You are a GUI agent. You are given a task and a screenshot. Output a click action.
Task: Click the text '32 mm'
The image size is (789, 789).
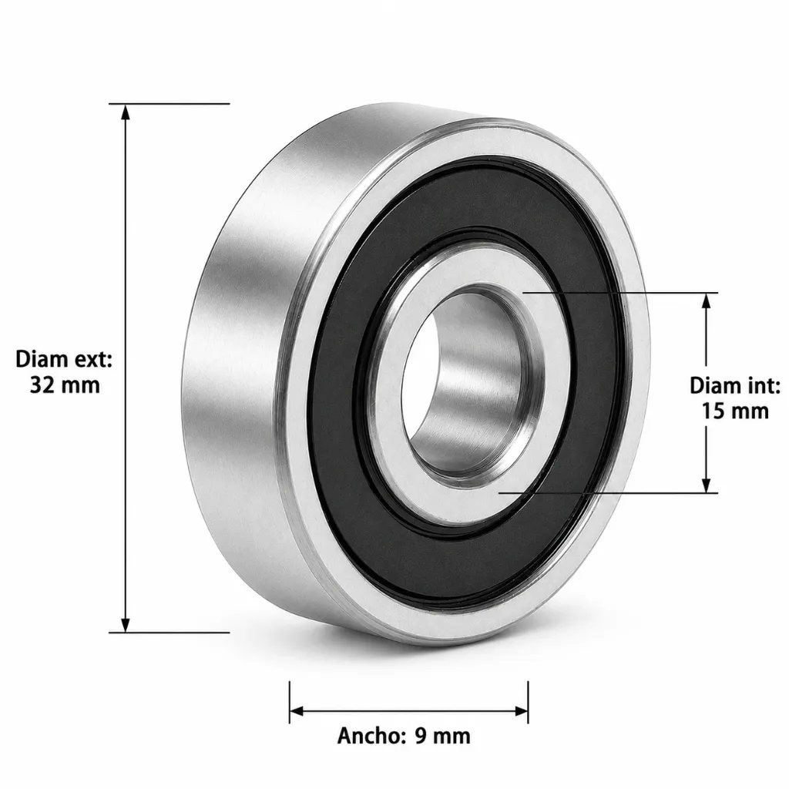tap(65, 385)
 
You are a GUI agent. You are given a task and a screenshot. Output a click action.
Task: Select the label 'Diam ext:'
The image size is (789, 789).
tap(64, 359)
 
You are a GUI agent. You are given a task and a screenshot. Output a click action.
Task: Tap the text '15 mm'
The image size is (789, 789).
tap(735, 411)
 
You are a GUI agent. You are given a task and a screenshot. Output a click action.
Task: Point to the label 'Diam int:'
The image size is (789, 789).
tap(734, 385)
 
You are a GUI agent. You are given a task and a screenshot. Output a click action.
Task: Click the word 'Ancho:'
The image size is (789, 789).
tap(371, 736)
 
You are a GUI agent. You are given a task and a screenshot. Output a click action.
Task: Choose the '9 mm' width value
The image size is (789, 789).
tap(443, 736)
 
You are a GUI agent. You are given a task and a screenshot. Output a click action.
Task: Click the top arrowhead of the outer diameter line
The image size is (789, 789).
tap(126, 112)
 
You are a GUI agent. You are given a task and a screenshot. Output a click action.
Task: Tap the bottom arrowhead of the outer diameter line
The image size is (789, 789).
tap(126, 624)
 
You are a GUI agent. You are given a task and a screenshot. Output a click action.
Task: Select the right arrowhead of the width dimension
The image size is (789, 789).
tap(520, 711)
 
